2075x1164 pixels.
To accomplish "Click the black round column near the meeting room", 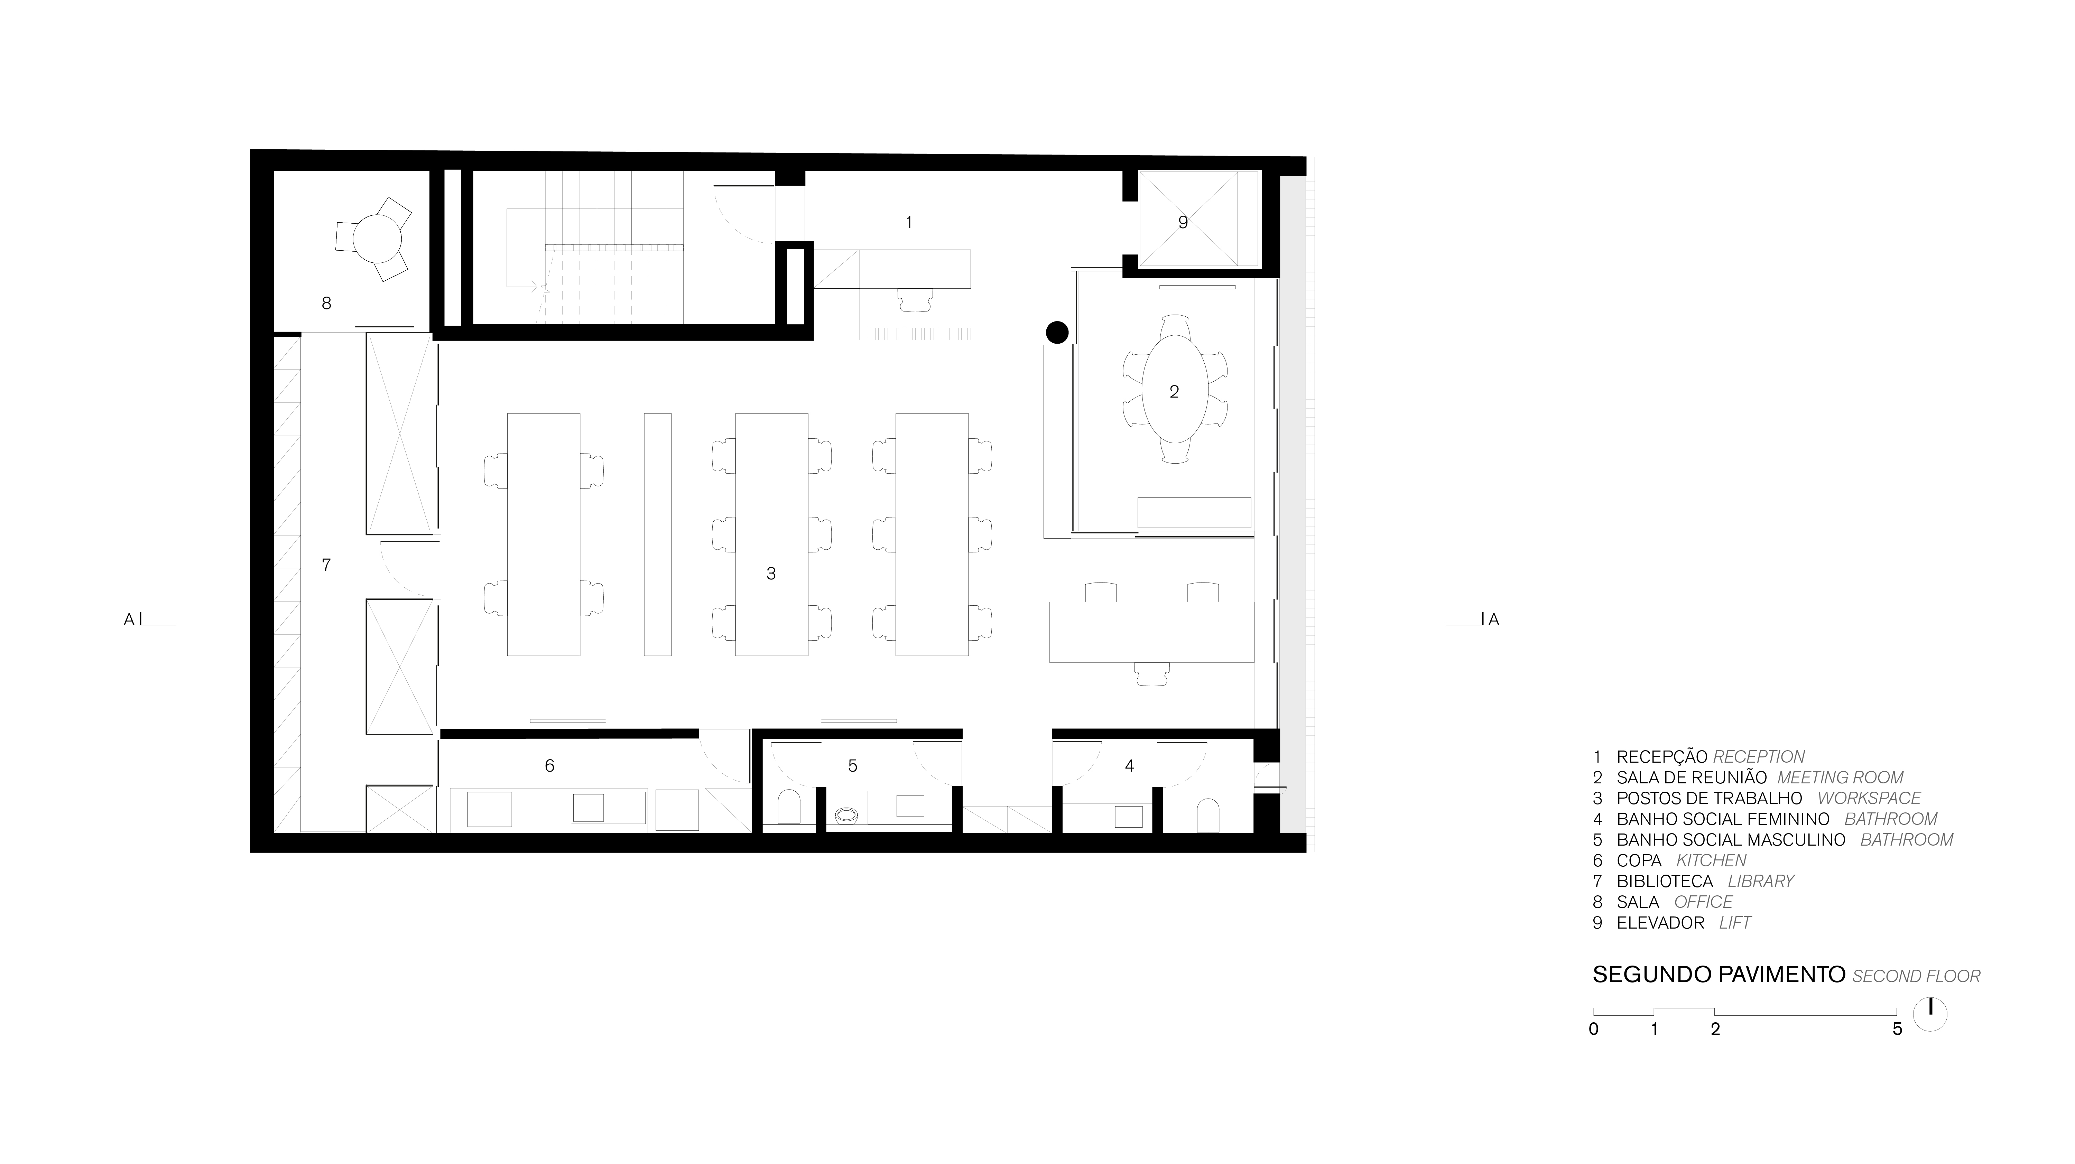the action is coord(1057,332).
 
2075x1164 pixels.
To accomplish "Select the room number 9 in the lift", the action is coord(1183,222).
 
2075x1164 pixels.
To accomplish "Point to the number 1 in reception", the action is coord(909,222).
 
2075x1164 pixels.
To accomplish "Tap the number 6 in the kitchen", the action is coord(549,765).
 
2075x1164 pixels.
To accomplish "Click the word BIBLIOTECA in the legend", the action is coord(1664,881).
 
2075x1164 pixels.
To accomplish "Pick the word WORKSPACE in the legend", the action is coord(1869,798).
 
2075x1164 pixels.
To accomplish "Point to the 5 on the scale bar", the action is coord(1897,1029).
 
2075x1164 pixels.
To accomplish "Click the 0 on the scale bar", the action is coord(1593,1029).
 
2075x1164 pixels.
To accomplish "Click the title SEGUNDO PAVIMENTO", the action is coord(1719,975).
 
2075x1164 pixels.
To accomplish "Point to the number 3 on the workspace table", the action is coord(771,574).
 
